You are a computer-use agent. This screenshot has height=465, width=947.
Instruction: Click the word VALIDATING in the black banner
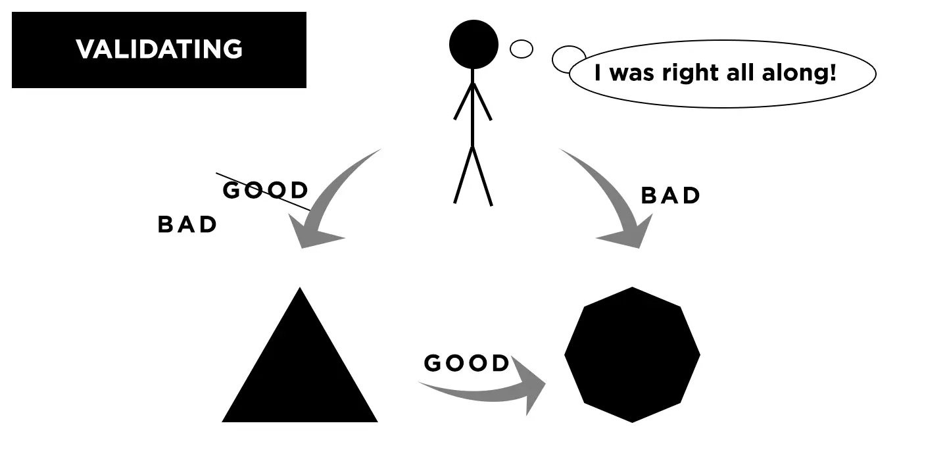159,49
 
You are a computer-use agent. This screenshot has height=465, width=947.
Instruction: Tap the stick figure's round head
473,44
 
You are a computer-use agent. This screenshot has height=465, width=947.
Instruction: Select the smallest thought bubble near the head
522,49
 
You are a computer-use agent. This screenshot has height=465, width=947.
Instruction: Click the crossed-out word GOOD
266,191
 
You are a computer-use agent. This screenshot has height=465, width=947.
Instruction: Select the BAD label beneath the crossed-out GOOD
187,225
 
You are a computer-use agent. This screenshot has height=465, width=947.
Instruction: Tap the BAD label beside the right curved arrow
671,196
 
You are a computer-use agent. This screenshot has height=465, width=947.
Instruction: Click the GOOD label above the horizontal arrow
467,363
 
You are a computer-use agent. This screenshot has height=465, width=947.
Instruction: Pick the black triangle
300,375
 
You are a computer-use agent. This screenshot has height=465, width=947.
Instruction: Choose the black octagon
632,355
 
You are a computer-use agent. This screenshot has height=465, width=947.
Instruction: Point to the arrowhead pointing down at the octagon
630,235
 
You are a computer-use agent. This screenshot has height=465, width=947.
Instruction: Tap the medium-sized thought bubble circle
568,59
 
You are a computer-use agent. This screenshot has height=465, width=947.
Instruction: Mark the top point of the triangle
300,289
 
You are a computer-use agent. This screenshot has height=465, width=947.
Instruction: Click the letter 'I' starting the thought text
598,72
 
